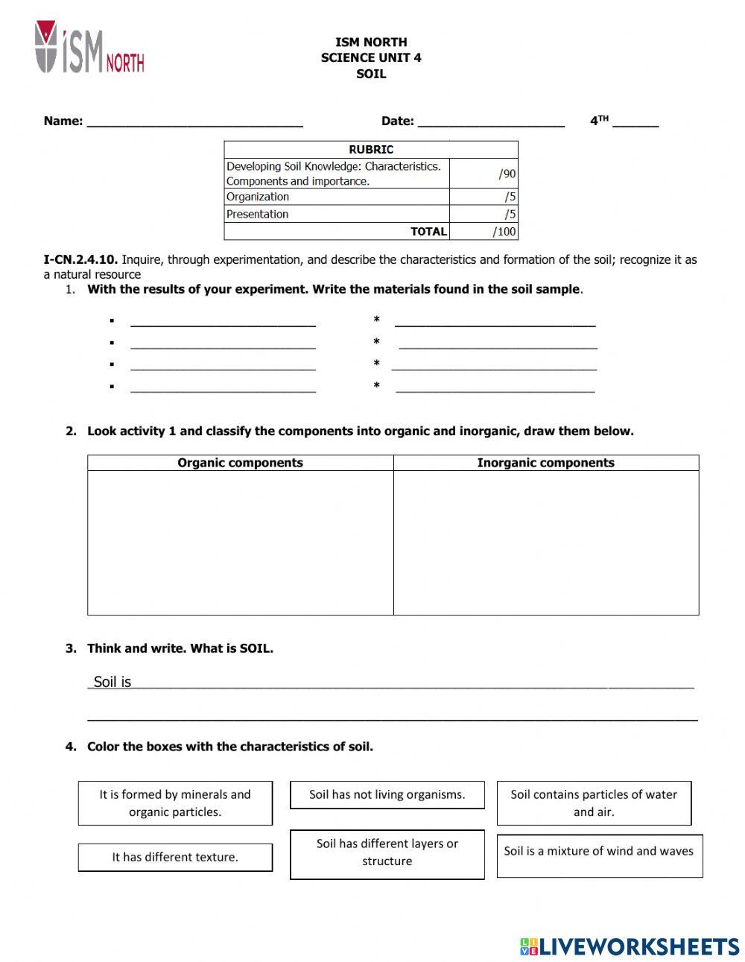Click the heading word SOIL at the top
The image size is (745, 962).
371,74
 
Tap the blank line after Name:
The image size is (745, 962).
194,122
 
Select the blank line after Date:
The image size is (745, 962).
491,122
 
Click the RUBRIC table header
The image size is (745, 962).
371,149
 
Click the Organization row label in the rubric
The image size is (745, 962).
258,197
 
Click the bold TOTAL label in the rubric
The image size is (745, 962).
428,232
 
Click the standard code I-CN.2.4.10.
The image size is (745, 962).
80,260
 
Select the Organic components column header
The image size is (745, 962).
240,463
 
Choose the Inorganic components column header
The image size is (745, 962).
545,463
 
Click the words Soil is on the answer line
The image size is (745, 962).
112,682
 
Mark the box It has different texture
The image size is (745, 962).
175,857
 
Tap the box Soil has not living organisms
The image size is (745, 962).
387,794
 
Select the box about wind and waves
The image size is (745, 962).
599,851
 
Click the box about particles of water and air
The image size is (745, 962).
594,803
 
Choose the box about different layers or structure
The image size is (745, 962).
387,852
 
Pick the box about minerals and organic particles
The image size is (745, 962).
175,803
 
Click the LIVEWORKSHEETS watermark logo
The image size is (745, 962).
629,946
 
